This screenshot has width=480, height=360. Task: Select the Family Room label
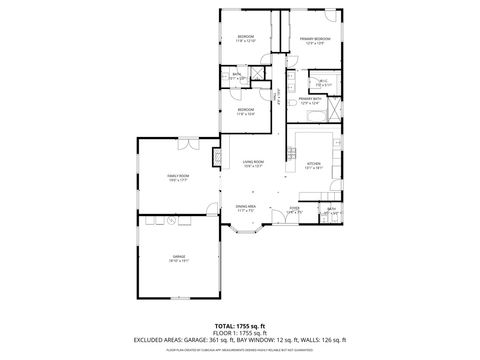[178, 178]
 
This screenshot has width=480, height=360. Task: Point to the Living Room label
[253, 163]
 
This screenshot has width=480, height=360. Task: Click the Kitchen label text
[314, 164]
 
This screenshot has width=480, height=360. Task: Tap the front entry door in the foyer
[295, 226]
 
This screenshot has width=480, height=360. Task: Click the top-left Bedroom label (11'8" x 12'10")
[246, 39]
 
